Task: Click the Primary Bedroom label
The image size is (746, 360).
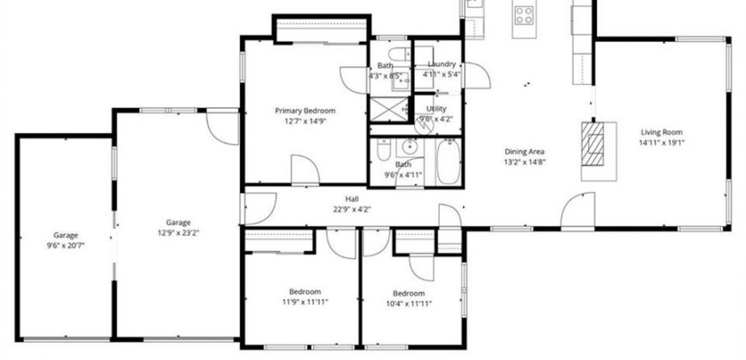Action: tap(305, 111)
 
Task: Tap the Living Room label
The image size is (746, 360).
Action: tap(661, 132)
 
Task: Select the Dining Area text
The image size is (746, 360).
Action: tap(525, 153)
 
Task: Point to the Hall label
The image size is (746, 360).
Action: tap(352, 199)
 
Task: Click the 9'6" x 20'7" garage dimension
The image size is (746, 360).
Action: tap(66, 245)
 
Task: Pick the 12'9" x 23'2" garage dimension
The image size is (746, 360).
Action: tap(178, 232)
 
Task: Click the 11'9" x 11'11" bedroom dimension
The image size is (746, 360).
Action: tap(304, 302)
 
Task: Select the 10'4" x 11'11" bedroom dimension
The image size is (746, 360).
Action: tap(409, 303)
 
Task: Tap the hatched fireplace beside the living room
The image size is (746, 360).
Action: tap(593, 144)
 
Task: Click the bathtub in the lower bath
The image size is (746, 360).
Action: tap(448, 162)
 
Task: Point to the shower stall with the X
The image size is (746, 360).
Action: tap(389, 109)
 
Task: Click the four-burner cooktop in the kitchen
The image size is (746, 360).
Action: tap(524, 15)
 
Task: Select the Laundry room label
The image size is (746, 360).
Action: tap(442, 63)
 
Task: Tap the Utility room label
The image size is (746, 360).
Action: tap(436, 109)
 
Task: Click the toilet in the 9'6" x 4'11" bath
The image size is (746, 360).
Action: tap(383, 149)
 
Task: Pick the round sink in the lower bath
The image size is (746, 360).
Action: tap(409, 147)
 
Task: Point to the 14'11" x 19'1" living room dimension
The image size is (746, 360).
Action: tap(661, 142)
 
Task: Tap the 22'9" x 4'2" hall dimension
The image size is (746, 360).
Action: tap(352, 209)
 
